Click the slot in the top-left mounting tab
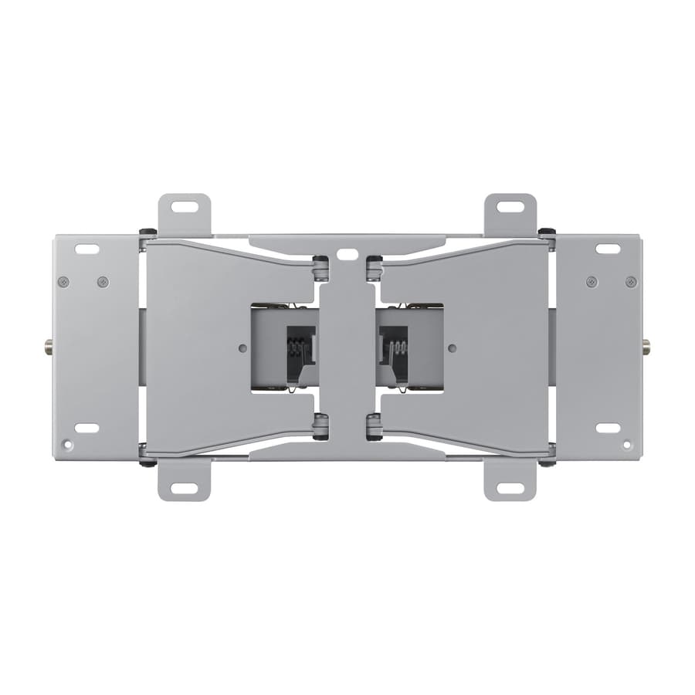(184, 207)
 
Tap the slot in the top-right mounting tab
(510, 207)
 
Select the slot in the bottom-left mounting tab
(184, 488)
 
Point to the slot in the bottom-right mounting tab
(510, 488)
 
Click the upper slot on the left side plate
(86, 249)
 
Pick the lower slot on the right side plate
(608, 428)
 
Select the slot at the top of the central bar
(347, 253)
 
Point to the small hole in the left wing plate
(243, 347)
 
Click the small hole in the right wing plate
(452, 347)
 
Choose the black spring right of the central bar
(397, 347)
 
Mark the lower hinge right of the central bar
(374, 425)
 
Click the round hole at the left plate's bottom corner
(68, 445)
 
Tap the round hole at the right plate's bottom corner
(626, 445)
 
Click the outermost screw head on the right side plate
(631, 282)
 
